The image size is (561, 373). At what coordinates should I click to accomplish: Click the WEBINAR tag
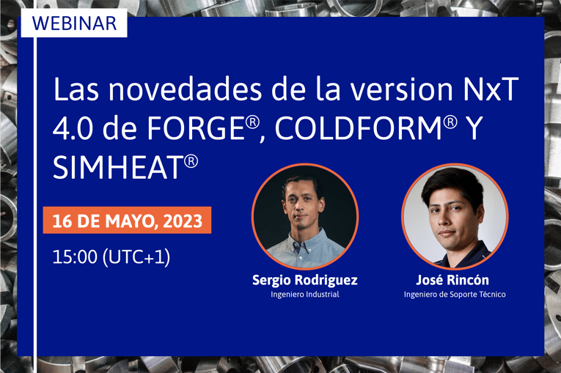pyautogui.click(x=74, y=22)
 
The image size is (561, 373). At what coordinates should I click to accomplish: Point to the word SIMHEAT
pyautogui.click(x=117, y=169)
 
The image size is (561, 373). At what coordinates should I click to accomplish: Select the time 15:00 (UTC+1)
pyautogui.click(x=111, y=257)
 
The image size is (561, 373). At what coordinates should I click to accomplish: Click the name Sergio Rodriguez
pyautogui.click(x=304, y=280)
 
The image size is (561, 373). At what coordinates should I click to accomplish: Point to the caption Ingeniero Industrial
pyautogui.click(x=304, y=295)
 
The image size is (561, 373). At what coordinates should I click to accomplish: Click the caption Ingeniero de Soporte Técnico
pyautogui.click(x=455, y=295)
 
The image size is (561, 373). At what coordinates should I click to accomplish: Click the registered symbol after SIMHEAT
pyautogui.click(x=191, y=159)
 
